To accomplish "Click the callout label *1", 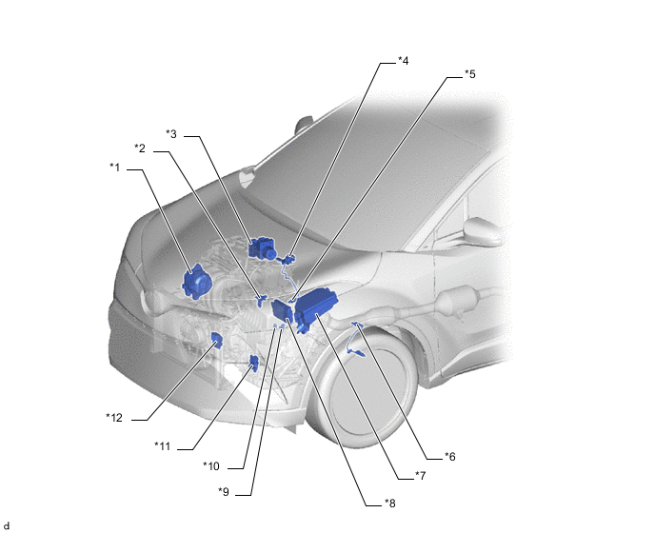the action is click(115, 168).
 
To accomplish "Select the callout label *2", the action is click(140, 148).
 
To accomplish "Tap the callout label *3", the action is click(171, 133).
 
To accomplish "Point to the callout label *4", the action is click(403, 61).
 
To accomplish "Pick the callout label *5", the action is click(470, 74).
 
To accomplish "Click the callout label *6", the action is click(450, 457).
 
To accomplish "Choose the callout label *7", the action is click(420, 475).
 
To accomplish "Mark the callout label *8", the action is click(389, 503).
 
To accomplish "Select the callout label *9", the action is click(224, 492).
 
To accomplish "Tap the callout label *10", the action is click(211, 466).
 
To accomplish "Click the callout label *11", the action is click(163, 446).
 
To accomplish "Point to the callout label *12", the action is click(114, 417).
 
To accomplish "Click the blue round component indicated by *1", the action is click(197, 282).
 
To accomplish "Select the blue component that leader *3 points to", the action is click(262, 248).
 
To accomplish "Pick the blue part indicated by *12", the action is click(217, 340).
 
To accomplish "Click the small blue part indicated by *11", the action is click(253, 363).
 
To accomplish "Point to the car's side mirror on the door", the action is click(482, 231).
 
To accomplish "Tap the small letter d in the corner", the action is click(7, 526).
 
